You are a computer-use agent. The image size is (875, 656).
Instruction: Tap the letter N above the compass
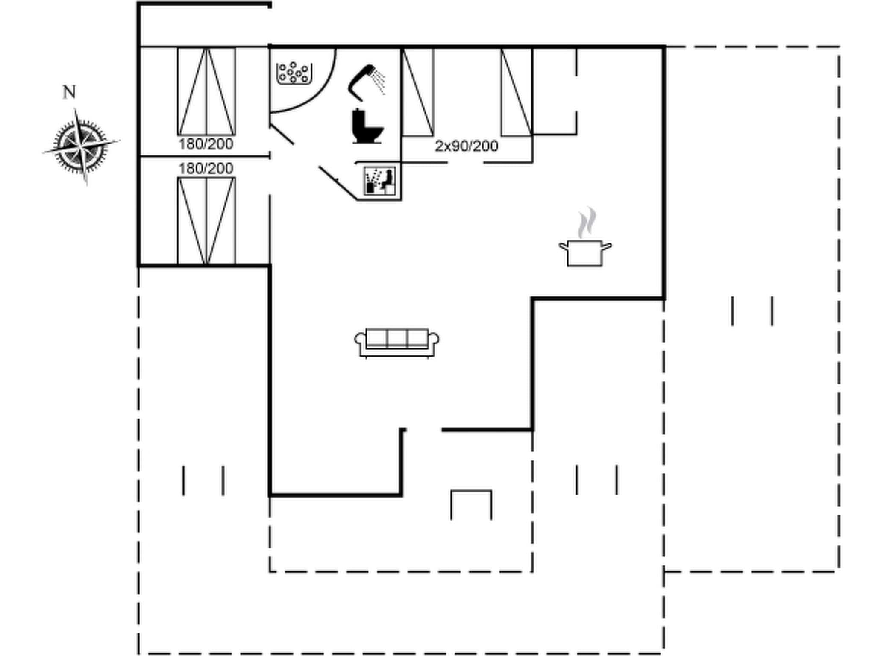(69, 92)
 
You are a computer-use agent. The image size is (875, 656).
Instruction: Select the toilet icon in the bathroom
(367, 127)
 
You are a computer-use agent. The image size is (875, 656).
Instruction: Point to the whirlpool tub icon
(294, 73)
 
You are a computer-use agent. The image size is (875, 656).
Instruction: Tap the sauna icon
(379, 181)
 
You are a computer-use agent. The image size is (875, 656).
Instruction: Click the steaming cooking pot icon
(585, 252)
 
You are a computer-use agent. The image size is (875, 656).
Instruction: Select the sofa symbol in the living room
(397, 342)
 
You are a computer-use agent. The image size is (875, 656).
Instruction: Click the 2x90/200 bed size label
(467, 146)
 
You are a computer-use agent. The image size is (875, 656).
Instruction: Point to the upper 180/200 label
(206, 144)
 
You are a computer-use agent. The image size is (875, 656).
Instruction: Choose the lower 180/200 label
(206, 168)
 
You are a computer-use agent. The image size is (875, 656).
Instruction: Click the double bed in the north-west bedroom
(206, 91)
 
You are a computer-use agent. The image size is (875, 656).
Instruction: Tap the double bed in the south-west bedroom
(206, 220)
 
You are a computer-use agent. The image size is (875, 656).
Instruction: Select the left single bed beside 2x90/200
(418, 92)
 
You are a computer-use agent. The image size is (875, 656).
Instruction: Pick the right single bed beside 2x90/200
(517, 92)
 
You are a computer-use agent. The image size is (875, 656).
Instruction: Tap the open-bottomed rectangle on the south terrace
(471, 504)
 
